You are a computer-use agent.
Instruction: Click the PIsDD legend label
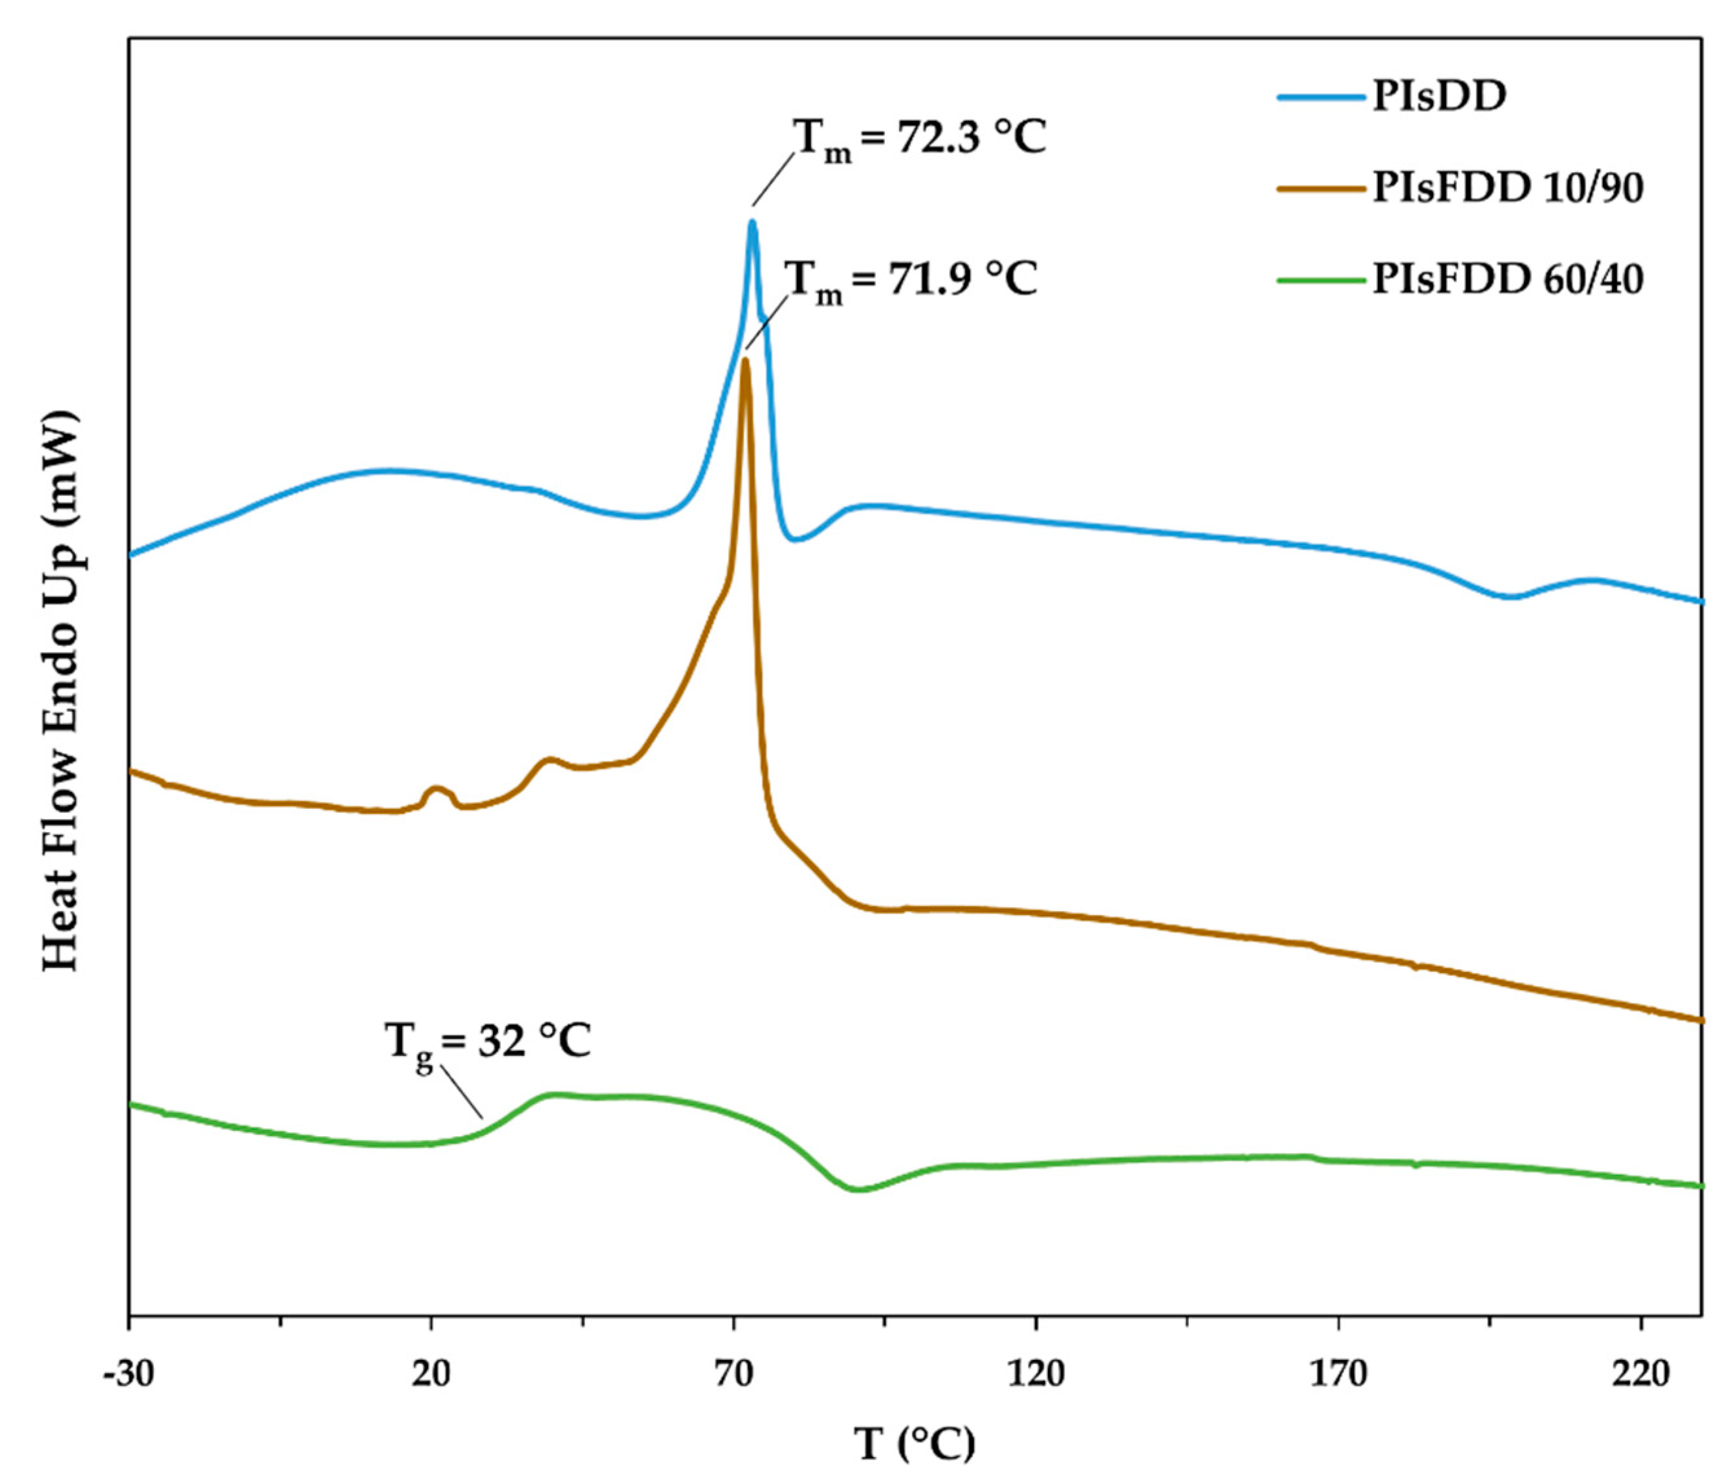coord(1439,98)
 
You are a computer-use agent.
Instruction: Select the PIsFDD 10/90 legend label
coord(1508,188)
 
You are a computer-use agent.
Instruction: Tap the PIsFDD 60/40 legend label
coord(1508,279)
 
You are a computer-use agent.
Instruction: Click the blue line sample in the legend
coord(1321,98)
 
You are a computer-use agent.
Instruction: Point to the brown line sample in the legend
coord(1321,189)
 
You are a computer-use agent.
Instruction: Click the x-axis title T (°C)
coord(914,1443)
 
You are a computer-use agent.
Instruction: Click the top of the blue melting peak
coord(752,222)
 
